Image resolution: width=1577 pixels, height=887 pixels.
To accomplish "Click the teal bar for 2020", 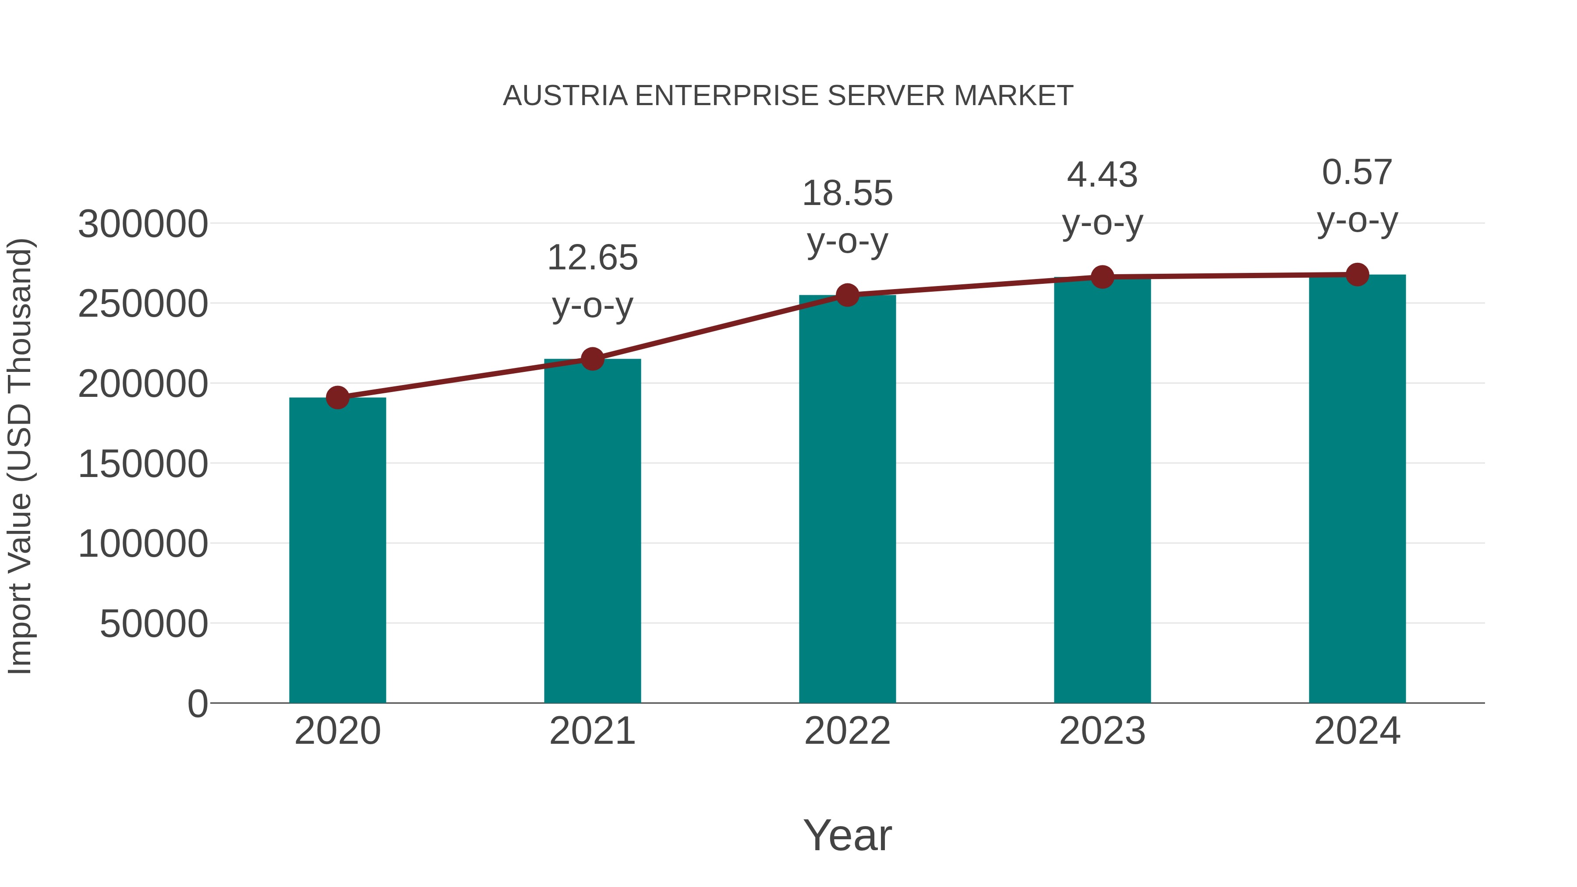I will coord(337,551).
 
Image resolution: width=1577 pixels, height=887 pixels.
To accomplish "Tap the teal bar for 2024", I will coord(1357,490).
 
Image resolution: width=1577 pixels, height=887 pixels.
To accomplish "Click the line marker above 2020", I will coord(337,398).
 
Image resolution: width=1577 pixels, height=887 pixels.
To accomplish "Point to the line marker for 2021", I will coord(593,359).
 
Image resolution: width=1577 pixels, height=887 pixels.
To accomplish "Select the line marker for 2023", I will coord(1102,277).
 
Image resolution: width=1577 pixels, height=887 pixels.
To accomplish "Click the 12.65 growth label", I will coord(593,258).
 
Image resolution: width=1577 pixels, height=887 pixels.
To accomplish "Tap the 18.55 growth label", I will coord(847,194).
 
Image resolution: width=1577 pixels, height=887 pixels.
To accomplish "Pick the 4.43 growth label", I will coord(1102,175).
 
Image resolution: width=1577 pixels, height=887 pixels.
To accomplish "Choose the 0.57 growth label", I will coord(1357,172).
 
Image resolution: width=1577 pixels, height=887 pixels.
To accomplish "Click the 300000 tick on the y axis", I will coord(143,224).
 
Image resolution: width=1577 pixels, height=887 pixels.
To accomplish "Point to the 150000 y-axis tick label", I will coord(143,464).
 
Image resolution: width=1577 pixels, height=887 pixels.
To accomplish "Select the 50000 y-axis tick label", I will coord(154,624).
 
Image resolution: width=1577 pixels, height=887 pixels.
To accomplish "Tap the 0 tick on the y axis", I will coord(198,704).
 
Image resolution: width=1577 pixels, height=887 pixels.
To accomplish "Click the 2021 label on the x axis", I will coord(593,732).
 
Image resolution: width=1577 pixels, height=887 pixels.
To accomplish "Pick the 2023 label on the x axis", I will coord(1102,732).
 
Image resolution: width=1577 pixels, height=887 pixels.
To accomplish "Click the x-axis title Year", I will coord(847,836).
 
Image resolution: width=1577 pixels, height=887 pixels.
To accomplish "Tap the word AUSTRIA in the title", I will coord(565,96).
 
